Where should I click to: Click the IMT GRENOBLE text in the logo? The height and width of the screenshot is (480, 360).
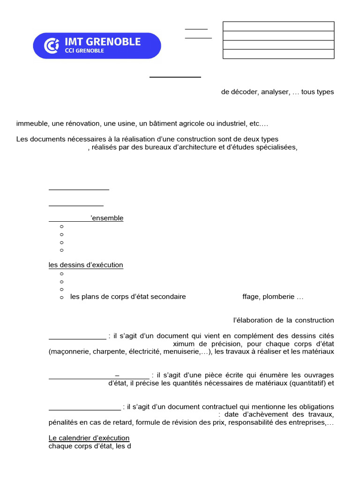[102, 42]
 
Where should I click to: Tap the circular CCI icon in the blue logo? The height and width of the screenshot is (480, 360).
[51, 45]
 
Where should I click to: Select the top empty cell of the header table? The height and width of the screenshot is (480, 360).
[278, 26]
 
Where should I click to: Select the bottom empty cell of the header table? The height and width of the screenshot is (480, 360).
[278, 54]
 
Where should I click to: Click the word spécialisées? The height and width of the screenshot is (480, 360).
[277, 147]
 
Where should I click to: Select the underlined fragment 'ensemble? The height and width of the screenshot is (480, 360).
[107, 218]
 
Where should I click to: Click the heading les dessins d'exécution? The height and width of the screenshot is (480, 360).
[86, 265]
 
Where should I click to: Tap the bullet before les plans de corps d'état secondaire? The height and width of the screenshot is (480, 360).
[61, 297]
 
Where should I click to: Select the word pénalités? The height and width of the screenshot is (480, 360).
[64, 422]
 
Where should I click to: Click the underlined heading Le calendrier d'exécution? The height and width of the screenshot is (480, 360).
[89, 438]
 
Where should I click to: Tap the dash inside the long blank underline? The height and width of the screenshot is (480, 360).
[117, 375]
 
